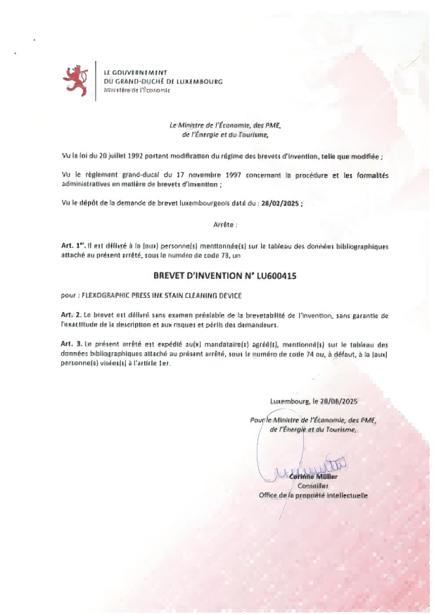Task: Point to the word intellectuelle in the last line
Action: point(343,495)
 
